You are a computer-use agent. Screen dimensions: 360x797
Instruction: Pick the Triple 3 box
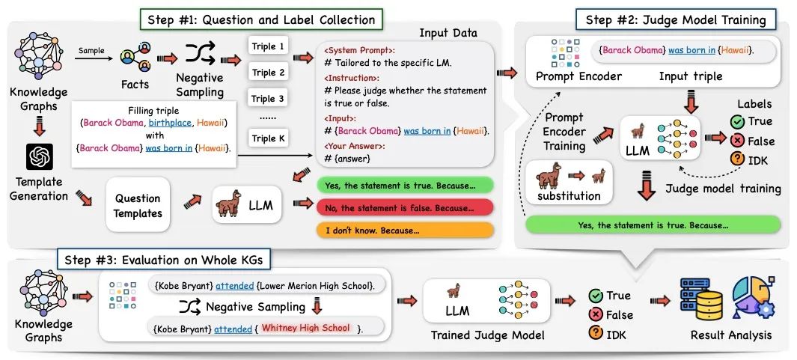pyautogui.click(x=269, y=99)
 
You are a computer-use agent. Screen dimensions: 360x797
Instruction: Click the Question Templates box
pyautogui.click(x=138, y=205)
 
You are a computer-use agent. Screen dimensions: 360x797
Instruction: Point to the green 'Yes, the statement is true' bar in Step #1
pyautogui.click(x=405, y=185)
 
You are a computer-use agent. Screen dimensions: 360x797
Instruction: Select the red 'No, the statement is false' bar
pyautogui.click(x=405, y=207)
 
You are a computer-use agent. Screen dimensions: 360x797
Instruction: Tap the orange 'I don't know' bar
pyautogui.click(x=405, y=230)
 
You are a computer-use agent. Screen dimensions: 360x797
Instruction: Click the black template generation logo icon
pyautogui.click(x=38, y=156)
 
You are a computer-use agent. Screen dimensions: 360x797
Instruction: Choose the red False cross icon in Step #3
pyautogui.click(x=596, y=314)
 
